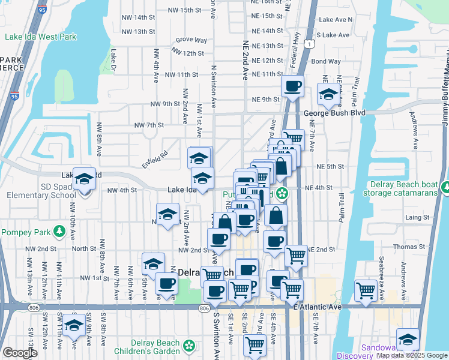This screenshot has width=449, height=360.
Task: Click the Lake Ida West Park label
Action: click(41, 37)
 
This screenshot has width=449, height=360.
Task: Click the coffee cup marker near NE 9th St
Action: click(292, 86)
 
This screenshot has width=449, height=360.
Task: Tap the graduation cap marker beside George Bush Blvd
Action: click(329, 94)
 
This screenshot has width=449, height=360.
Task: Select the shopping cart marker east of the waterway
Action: click(366, 291)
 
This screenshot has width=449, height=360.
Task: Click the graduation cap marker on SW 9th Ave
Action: click(74, 326)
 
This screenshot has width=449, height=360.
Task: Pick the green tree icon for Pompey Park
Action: click(59, 232)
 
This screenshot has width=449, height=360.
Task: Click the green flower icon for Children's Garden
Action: click(188, 346)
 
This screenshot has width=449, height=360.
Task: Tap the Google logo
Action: click(19, 353)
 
